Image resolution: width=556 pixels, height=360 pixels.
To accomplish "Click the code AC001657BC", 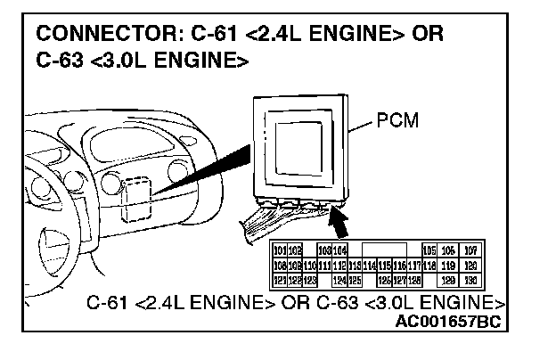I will [450, 322].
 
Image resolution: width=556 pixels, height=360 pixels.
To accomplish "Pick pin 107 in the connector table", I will [470, 251].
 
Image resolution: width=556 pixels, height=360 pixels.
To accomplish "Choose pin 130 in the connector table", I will [470, 280].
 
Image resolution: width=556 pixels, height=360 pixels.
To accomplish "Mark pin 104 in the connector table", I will [340, 251].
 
